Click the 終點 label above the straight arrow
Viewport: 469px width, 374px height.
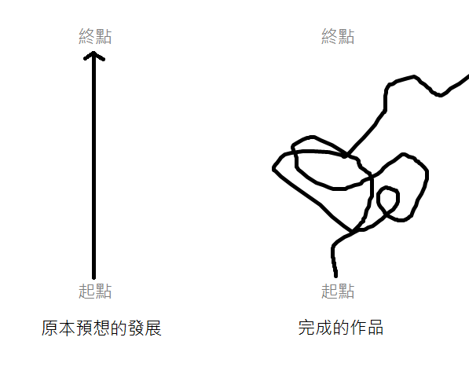[x=95, y=36]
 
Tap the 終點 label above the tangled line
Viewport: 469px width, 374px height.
[x=338, y=36]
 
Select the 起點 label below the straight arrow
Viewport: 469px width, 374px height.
[x=95, y=291]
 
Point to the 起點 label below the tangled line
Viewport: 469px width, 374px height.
[x=338, y=291]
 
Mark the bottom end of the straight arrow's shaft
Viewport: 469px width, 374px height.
[x=93, y=277]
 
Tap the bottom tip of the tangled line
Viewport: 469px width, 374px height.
[x=335, y=276]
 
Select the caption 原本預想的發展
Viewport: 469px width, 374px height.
[x=101, y=328]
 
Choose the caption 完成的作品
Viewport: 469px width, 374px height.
[x=341, y=328]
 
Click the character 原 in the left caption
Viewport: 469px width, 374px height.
[x=49, y=328]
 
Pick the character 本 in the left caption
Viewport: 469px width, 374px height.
[x=67, y=328]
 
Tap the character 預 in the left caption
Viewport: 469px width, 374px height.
[x=84, y=328]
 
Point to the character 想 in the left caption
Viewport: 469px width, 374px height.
[x=101, y=328]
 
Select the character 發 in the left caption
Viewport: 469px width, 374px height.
[x=137, y=328]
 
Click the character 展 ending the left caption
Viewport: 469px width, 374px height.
[x=153, y=328]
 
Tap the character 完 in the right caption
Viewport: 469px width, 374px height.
[x=306, y=328]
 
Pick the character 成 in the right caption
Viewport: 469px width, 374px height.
[x=324, y=328]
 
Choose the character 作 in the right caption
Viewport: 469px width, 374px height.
[x=358, y=328]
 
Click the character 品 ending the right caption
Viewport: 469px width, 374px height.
[x=376, y=328]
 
